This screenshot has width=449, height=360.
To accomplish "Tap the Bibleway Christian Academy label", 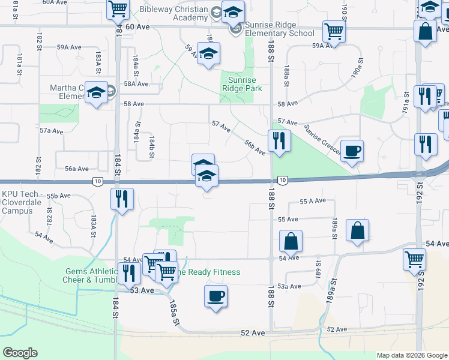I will point(173,13).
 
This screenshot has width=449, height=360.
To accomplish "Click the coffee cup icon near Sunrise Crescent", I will point(352,150).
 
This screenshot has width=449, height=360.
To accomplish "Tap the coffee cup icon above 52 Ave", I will point(215,296).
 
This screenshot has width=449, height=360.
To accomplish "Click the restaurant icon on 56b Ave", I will point(279,140).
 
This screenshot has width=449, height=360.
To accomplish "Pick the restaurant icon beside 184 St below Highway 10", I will point(122,198).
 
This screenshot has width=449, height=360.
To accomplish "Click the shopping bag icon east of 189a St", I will point(357,230).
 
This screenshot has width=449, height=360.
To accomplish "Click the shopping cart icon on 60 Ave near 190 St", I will point(334,31).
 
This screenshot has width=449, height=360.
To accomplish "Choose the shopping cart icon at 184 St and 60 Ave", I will point(118,9).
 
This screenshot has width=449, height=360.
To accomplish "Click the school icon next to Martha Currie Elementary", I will point(96,92).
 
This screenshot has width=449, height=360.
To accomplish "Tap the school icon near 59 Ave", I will point(208,53).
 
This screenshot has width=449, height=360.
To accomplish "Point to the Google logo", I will point(20,352).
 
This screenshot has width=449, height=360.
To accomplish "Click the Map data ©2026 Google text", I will point(411,355).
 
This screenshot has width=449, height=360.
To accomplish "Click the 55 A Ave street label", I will point(312,201).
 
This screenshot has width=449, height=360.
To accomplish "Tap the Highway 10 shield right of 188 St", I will point(283,179).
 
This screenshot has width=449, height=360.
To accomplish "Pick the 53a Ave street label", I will point(289,286).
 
